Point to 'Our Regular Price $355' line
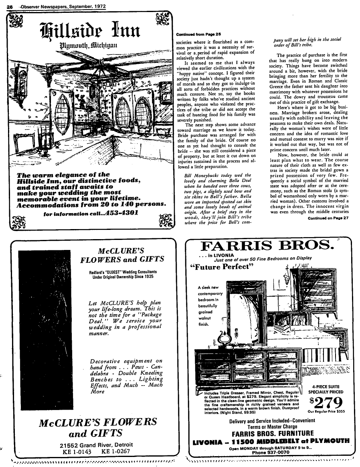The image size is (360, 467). pos(328,411)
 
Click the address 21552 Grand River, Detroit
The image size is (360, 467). pos(94,445)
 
